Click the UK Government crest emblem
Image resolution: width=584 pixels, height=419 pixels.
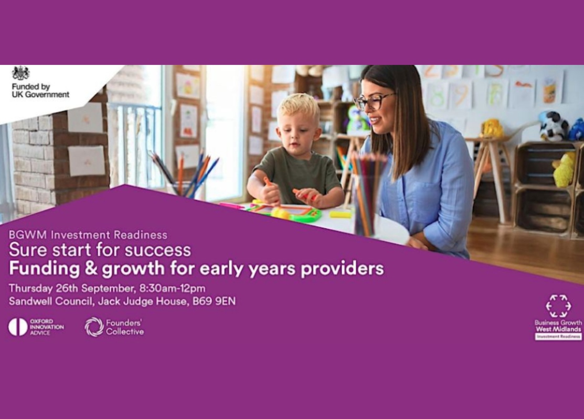(21, 73)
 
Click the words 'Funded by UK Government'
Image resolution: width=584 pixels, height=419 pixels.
(40, 90)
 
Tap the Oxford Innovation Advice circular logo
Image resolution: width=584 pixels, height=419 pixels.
(18, 327)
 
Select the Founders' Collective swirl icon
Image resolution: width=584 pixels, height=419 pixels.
(94, 327)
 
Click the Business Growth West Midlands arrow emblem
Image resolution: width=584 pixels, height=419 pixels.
(558, 306)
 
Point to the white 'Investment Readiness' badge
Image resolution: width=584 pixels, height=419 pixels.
(558, 336)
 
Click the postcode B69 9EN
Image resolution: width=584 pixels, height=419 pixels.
(214, 301)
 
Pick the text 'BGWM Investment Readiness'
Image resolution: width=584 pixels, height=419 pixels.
(88, 235)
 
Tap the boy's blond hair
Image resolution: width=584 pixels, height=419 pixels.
(299, 105)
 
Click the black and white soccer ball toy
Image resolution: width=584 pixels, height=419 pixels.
(554, 126)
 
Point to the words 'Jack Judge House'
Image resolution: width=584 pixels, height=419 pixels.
(143, 302)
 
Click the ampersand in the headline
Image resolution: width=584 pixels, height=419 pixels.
(91, 269)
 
